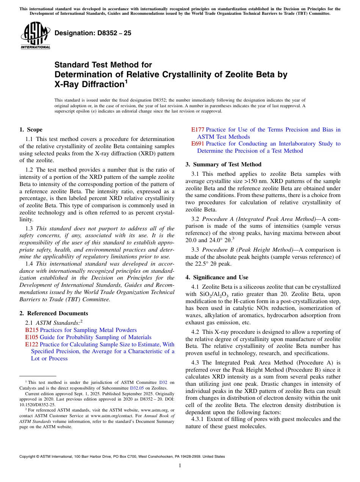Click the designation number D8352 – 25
coord(93,33)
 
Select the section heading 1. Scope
coord(31,130)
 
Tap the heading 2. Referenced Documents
coord(53,313)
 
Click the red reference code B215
coord(31,330)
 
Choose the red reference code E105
coord(31,337)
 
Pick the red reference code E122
coord(31,344)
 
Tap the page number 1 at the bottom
coord(180,466)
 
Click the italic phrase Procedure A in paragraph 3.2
coord(216,219)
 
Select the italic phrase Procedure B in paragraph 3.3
coord(216,250)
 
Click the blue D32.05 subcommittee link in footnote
coord(136,388)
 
